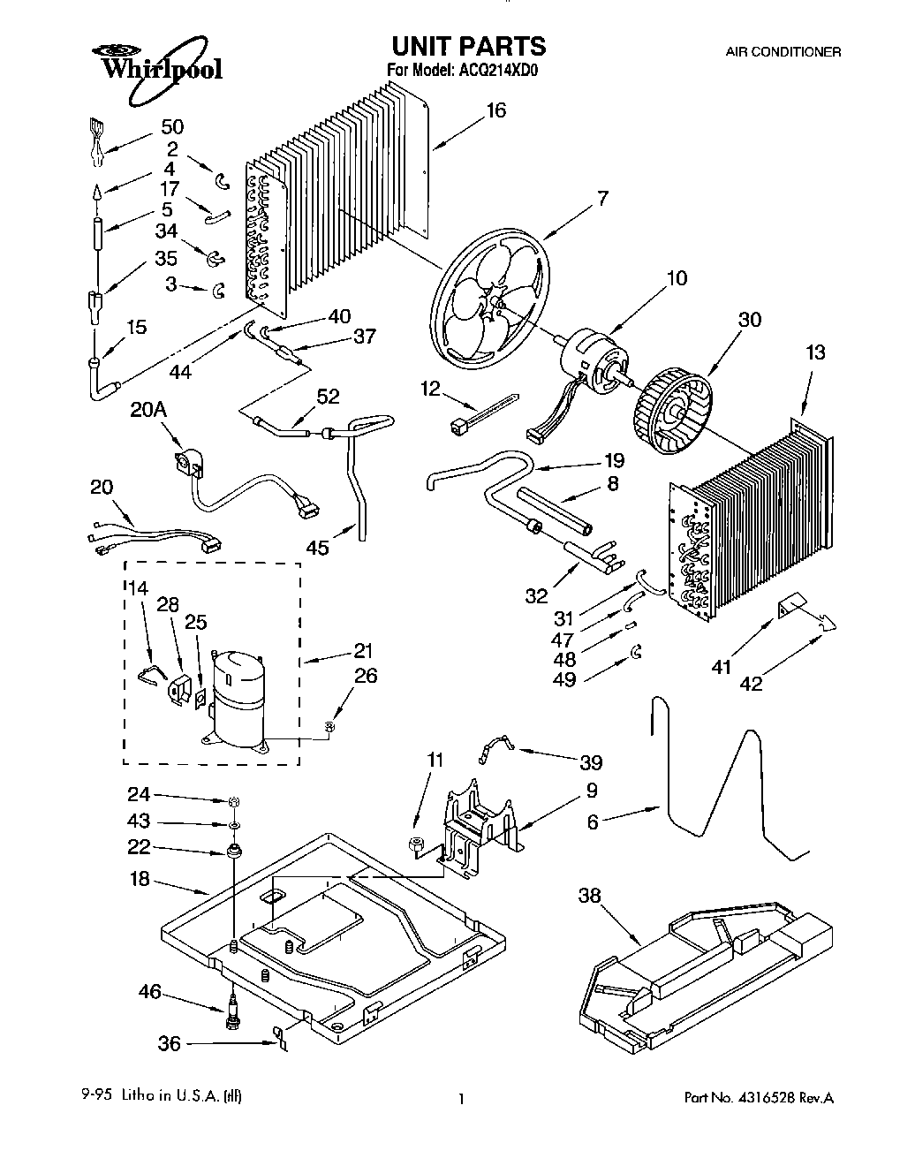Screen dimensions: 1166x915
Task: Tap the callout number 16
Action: (x=495, y=110)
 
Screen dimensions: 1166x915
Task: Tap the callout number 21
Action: (x=363, y=651)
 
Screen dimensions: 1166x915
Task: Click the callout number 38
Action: (x=588, y=896)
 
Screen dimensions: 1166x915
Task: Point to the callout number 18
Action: (x=140, y=880)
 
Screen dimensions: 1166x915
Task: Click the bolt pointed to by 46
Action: (x=231, y=1009)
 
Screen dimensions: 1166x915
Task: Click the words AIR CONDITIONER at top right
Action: (x=783, y=52)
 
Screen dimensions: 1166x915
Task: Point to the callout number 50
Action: (x=172, y=127)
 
